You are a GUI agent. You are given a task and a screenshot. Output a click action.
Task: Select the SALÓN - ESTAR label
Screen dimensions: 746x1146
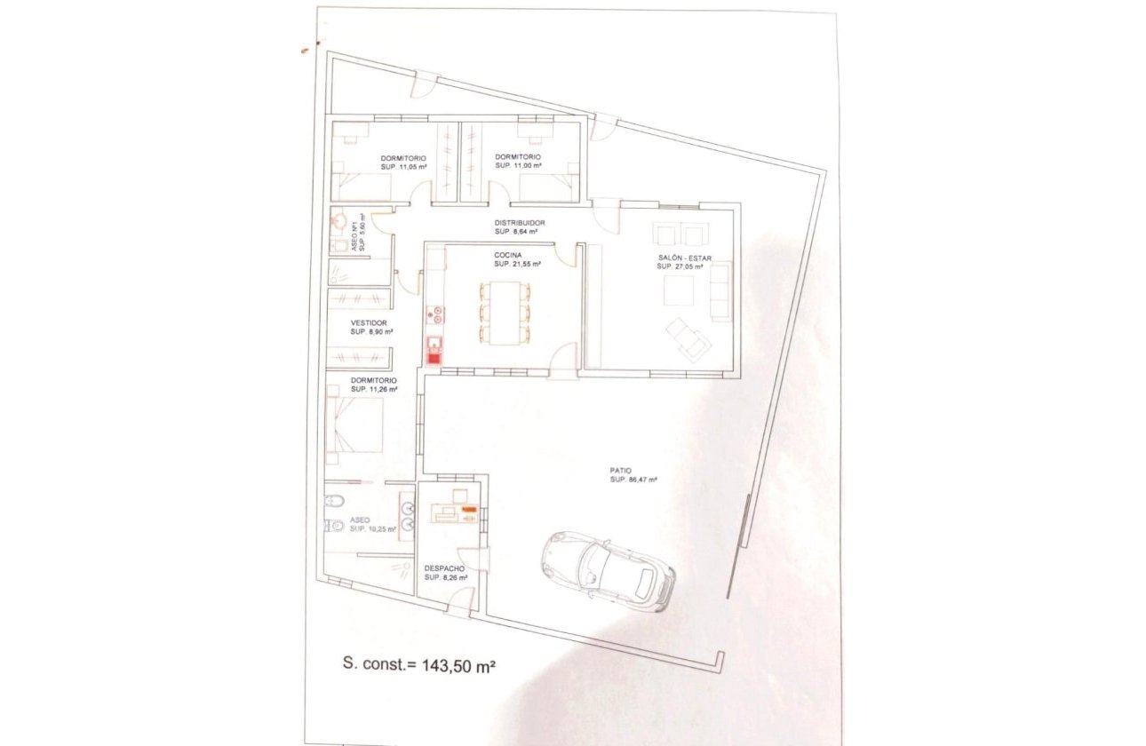(684, 258)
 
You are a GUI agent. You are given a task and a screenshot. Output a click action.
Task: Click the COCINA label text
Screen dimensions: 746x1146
(509, 254)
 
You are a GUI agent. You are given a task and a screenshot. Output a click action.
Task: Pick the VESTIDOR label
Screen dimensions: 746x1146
(369, 322)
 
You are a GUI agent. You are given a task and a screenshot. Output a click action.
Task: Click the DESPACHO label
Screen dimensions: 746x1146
(445, 567)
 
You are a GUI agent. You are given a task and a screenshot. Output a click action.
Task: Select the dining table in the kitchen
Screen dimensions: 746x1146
(504, 312)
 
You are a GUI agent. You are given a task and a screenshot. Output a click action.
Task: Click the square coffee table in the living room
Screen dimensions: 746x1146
(680, 290)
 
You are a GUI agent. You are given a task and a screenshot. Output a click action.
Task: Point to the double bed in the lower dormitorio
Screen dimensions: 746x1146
(355, 425)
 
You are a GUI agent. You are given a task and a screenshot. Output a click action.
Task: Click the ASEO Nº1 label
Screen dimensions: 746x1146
(354, 234)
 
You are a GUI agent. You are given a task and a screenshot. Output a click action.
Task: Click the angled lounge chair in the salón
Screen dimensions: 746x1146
(689, 338)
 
